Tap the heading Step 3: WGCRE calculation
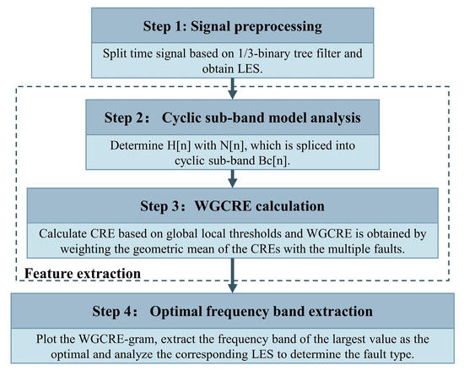coord(231,205)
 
